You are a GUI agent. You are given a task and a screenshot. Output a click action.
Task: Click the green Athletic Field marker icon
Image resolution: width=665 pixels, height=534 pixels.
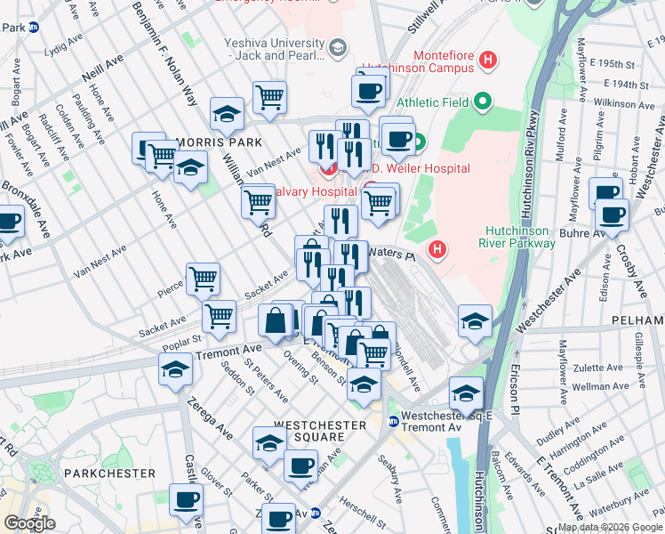point(483,102)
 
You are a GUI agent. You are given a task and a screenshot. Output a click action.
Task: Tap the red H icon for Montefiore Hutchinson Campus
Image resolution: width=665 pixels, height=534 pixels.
point(487,61)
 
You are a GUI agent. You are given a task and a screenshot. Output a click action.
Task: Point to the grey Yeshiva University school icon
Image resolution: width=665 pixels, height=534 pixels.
point(338,46)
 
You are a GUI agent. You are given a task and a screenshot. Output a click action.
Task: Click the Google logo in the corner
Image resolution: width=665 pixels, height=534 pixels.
point(29,523)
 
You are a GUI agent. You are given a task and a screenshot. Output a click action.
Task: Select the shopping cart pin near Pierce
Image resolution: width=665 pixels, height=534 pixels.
point(204,279)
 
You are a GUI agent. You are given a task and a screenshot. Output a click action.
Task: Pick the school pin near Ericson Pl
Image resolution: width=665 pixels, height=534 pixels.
point(475,321)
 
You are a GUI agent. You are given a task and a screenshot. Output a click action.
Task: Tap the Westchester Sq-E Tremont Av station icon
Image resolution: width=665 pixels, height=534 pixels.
point(393,421)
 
